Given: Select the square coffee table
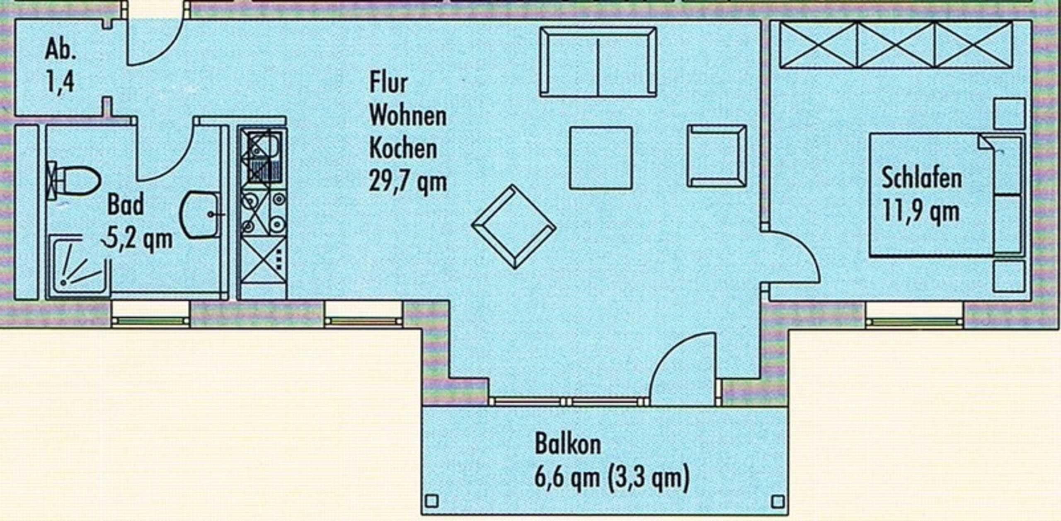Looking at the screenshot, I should pos(601,158).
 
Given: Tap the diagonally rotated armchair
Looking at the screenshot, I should pos(514,227).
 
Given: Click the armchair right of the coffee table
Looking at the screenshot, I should pos(717,156).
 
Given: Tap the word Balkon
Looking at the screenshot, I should pos(567,444).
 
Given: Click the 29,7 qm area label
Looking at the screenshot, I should pos(408,182).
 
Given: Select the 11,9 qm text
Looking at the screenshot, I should pos(921,212).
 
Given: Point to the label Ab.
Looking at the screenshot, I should pos(60,50).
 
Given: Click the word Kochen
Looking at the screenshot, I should pos(403,148).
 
